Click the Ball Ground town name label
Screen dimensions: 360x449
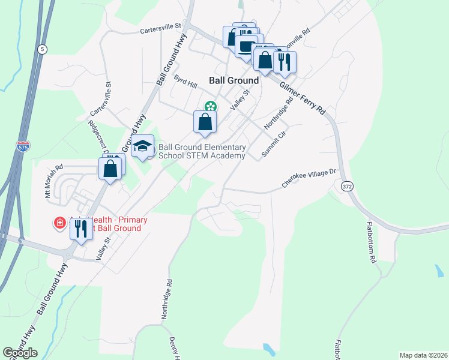click(x=234, y=80)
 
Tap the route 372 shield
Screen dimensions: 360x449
click(x=348, y=187)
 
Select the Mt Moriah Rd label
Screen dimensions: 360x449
click(x=53, y=182)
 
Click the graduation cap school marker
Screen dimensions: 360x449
click(x=142, y=146)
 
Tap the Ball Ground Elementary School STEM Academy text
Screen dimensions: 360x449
click(x=202, y=152)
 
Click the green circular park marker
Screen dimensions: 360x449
click(x=209, y=106)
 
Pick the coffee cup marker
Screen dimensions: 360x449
click(x=246, y=46)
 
